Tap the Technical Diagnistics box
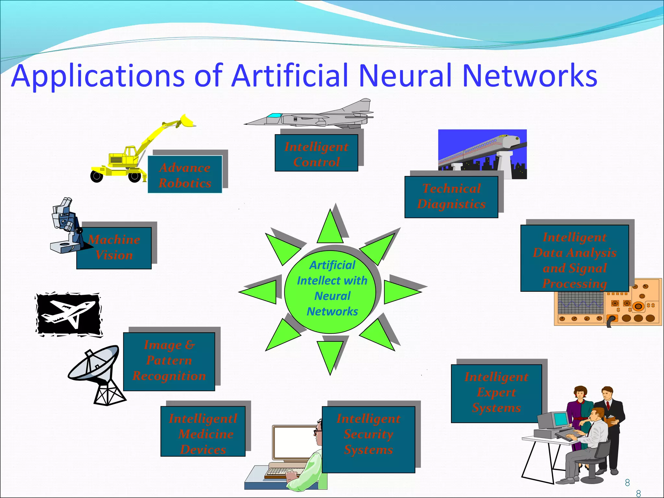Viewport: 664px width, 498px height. [x=451, y=197]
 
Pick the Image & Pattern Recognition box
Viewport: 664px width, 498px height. [x=169, y=361]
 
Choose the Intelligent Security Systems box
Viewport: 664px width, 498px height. [x=368, y=439]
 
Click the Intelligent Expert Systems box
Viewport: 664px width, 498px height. [x=496, y=393]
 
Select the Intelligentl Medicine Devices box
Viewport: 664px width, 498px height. [x=203, y=431]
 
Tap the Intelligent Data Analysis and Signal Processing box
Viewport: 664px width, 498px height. [x=575, y=258]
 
